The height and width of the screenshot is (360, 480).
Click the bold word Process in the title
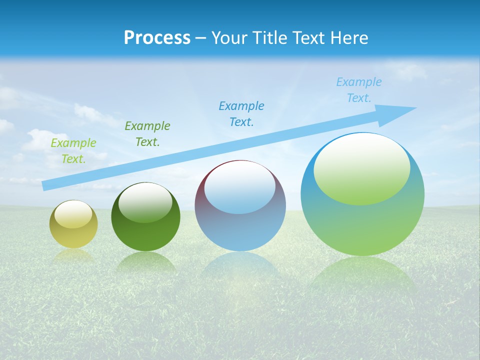(x=157, y=38)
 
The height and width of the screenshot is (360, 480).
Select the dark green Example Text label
(x=147, y=134)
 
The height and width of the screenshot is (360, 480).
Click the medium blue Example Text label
(x=241, y=114)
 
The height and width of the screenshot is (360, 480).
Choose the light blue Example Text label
(x=359, y=90)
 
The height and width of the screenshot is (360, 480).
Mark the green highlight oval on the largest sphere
(x=362, y=170)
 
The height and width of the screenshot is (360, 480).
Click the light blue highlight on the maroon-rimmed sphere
(x=240, y=190)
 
